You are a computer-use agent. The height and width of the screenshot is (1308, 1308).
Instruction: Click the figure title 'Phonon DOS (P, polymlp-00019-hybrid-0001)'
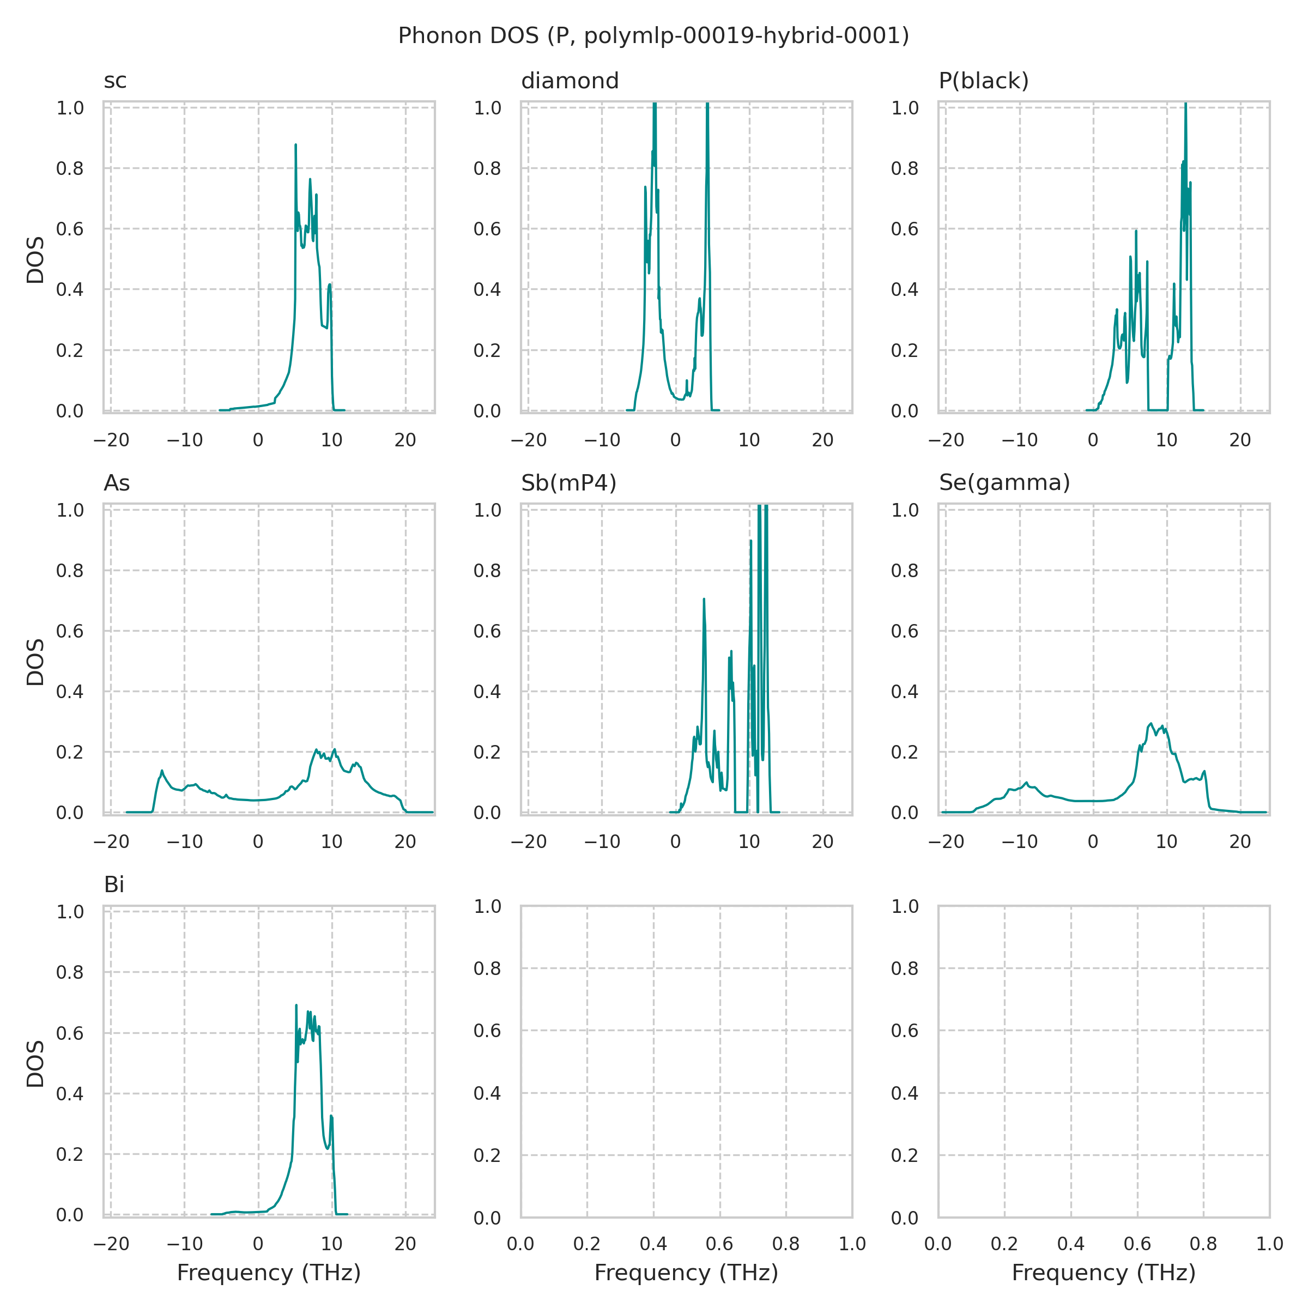tap(653, 35)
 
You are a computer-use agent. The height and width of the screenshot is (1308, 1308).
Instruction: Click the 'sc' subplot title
tap(115, 81)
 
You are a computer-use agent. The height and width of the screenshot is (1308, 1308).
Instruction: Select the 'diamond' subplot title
tap(570, 81)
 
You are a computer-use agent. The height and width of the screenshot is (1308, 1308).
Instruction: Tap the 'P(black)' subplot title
tap(983, 81)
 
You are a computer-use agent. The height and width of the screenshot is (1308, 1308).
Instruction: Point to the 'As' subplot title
tap(117, 483)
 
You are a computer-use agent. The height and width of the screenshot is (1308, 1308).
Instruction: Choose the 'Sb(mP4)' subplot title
tap(568, 483)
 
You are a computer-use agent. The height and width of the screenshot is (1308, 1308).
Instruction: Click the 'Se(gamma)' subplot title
tap(1004, 483)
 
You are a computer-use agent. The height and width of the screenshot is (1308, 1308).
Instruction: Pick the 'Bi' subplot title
tap(114, 885)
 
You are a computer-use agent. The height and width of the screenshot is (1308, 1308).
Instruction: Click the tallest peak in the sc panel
tap(295, 145)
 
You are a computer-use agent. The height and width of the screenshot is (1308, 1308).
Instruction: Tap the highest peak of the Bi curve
tap(296, 1006)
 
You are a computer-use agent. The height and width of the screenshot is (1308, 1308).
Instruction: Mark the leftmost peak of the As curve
tap(162, 771)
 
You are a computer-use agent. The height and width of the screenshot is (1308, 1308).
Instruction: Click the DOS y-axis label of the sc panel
tap(35, 259)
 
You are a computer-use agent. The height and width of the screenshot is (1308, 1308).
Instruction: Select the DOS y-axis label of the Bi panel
tap(35, 1064)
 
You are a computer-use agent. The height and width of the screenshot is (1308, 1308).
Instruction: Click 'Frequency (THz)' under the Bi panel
tap(269, 1273)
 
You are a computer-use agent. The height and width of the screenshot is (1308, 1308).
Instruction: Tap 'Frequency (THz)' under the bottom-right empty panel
tap(1104, 1273)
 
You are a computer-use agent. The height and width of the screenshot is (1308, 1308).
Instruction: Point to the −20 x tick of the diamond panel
tap(528, 440)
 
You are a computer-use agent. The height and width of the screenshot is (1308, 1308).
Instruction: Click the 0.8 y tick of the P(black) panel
tap(905, 168)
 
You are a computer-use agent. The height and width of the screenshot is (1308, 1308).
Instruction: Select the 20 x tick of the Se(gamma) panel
tap(1240, 841)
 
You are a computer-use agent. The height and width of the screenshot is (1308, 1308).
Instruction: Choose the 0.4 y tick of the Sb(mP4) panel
tap(487, 691)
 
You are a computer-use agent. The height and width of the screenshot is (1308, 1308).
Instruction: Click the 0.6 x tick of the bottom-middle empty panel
tap(719, 1244)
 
